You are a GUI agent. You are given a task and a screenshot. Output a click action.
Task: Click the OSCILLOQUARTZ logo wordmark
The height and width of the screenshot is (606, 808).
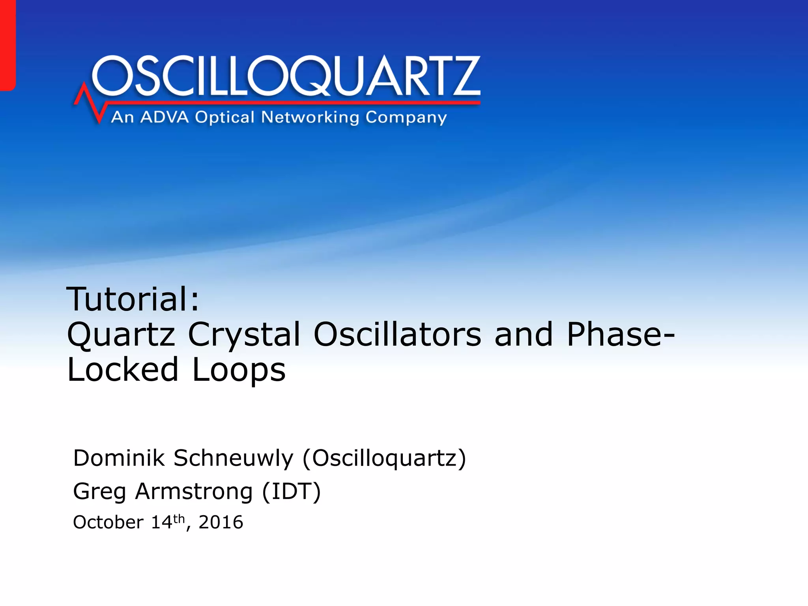pos(286,76)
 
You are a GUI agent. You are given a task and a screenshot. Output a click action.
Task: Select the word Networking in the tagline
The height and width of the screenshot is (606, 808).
pos(310,117)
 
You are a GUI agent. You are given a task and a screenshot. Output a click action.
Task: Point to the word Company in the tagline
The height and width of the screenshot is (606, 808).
pos(406,118)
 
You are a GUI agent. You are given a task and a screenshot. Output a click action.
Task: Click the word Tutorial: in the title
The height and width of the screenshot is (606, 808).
pos(133,299)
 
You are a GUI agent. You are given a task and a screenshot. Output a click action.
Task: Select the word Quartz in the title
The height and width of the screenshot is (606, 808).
pos(121,335)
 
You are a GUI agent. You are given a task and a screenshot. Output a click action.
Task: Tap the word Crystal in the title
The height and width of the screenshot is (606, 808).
pos(244,335)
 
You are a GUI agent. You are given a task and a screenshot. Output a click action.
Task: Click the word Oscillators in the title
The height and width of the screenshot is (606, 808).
pos(397,334)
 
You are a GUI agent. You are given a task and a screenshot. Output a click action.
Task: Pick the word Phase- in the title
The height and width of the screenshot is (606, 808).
pos(621,334)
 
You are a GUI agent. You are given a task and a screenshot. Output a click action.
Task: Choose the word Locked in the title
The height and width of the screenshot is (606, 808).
pos(123,369)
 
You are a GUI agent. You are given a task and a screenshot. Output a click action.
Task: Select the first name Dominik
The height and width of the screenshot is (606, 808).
pos(119,458)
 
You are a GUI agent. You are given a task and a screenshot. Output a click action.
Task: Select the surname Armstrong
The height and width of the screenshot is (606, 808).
pos(194,492)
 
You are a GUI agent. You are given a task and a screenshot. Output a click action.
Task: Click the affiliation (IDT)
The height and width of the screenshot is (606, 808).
pos(292,492)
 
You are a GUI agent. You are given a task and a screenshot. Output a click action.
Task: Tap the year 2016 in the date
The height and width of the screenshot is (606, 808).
pos(221,522)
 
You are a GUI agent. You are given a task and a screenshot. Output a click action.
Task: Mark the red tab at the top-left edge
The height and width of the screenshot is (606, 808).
pos(7,44)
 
